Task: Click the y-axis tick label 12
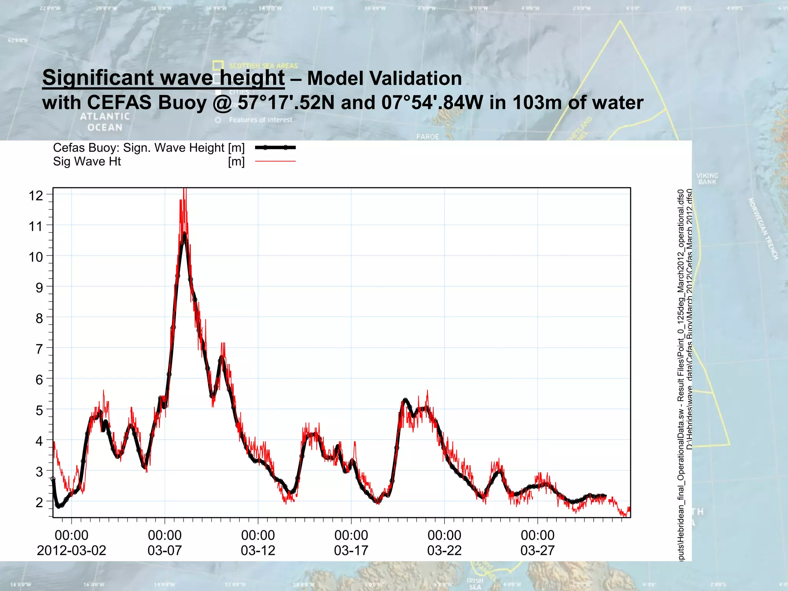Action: tap(36, 195)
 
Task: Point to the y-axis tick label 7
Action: tap(39, 349)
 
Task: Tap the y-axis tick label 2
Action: tap(39, 502)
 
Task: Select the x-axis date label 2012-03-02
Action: tap(72, 551)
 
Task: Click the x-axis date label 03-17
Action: tap(351, 551)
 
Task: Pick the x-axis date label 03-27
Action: tap(538, 551)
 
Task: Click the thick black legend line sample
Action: tap(275, 147)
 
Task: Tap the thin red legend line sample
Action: tap(275, 161)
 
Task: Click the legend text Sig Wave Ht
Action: tap(87, 161)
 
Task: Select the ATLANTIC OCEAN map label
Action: tap(105, 122)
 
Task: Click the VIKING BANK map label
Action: tap(707, 179)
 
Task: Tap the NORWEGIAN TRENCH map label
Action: tap(763, 229)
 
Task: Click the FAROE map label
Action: tap(427, 137)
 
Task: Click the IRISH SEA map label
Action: tap(475, 584)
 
